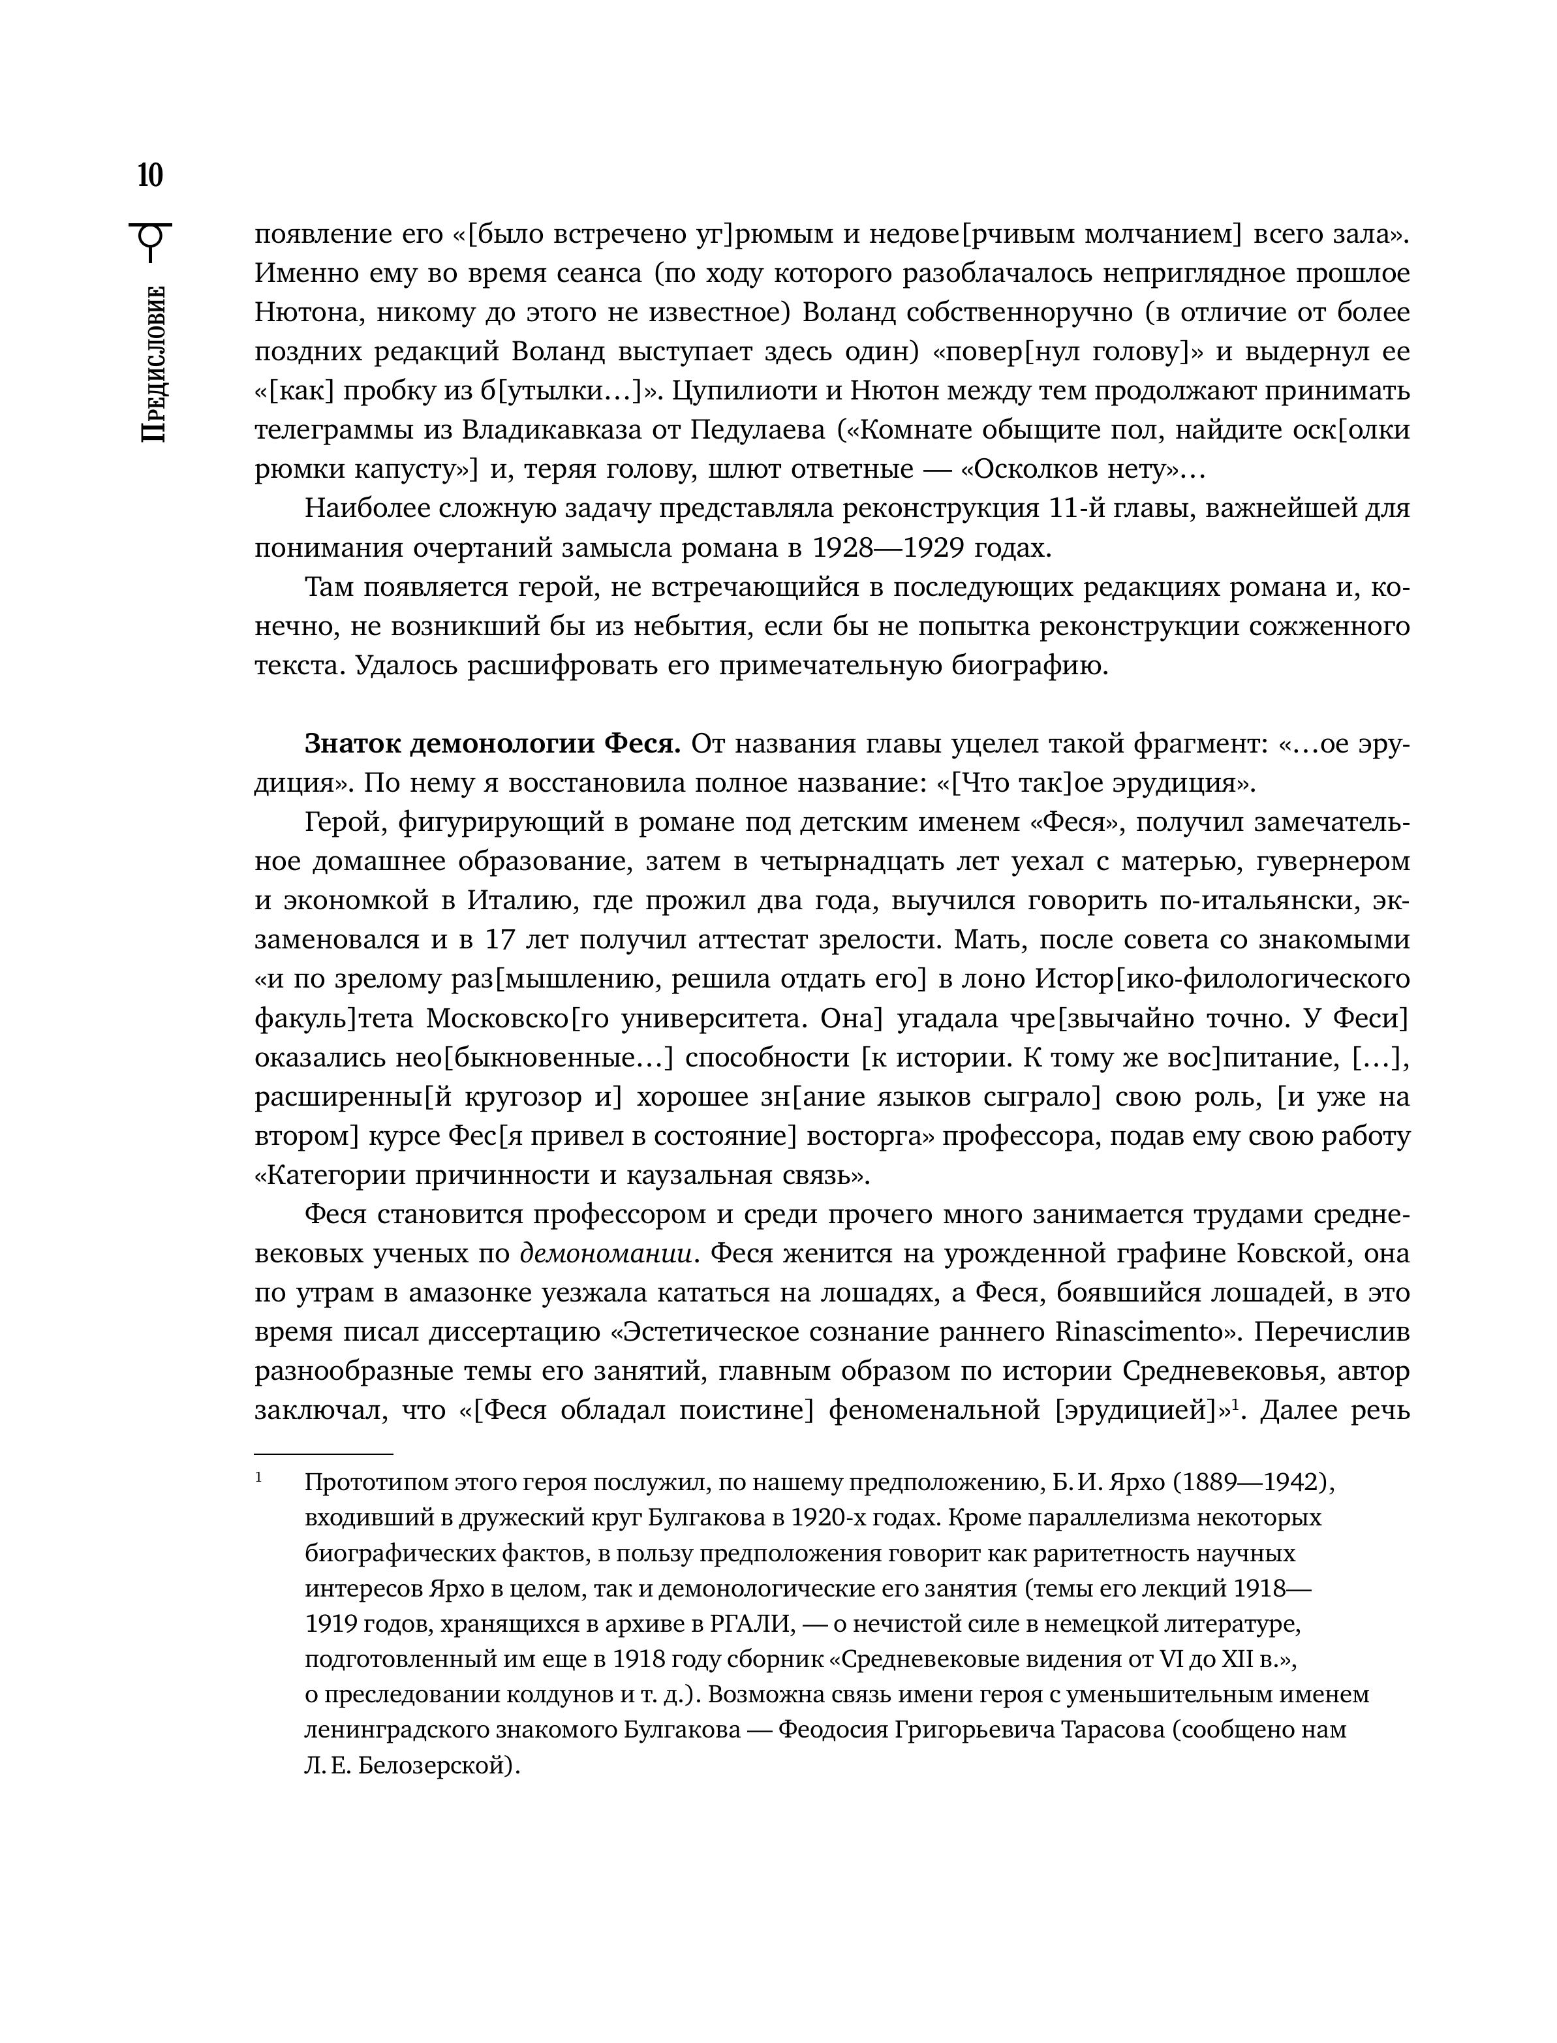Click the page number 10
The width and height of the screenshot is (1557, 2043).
click(150, 174)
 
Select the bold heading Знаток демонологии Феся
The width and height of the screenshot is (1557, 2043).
click(493, 743)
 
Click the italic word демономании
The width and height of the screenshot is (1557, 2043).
click(607, 1253)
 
